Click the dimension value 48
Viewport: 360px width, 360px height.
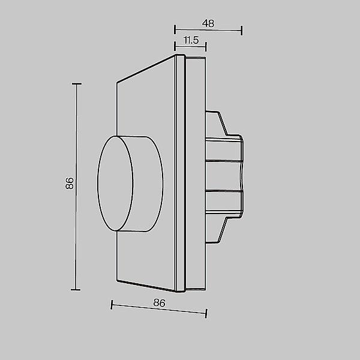coord(208,23)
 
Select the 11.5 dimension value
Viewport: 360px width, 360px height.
coord(191,40)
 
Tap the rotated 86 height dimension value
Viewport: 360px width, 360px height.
coord(69,184)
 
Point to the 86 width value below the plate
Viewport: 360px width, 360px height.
coord(159,303)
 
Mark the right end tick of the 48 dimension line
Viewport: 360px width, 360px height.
coord(242,31)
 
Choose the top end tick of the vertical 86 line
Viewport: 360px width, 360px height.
coord(76,85)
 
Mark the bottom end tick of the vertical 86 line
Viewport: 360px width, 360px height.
coord(76,290)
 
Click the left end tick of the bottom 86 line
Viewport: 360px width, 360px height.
coord(112,305)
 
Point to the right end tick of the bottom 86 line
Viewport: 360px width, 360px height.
coord(206,313)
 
